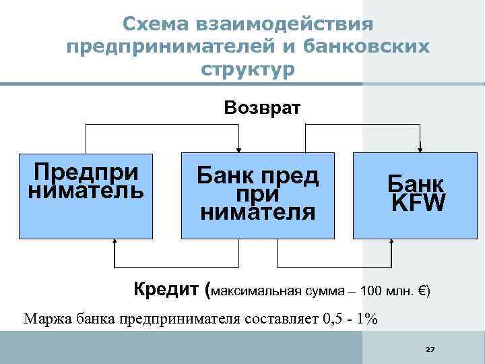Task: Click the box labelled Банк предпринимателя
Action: pyautogui.click(x=257, y=195)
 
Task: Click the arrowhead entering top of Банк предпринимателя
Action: pyautogui.click(x=238, y=148)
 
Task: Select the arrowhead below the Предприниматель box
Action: pyautogui.click(x=115, y=243)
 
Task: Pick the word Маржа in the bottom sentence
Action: pyautogui.click(x=45, y=319)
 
